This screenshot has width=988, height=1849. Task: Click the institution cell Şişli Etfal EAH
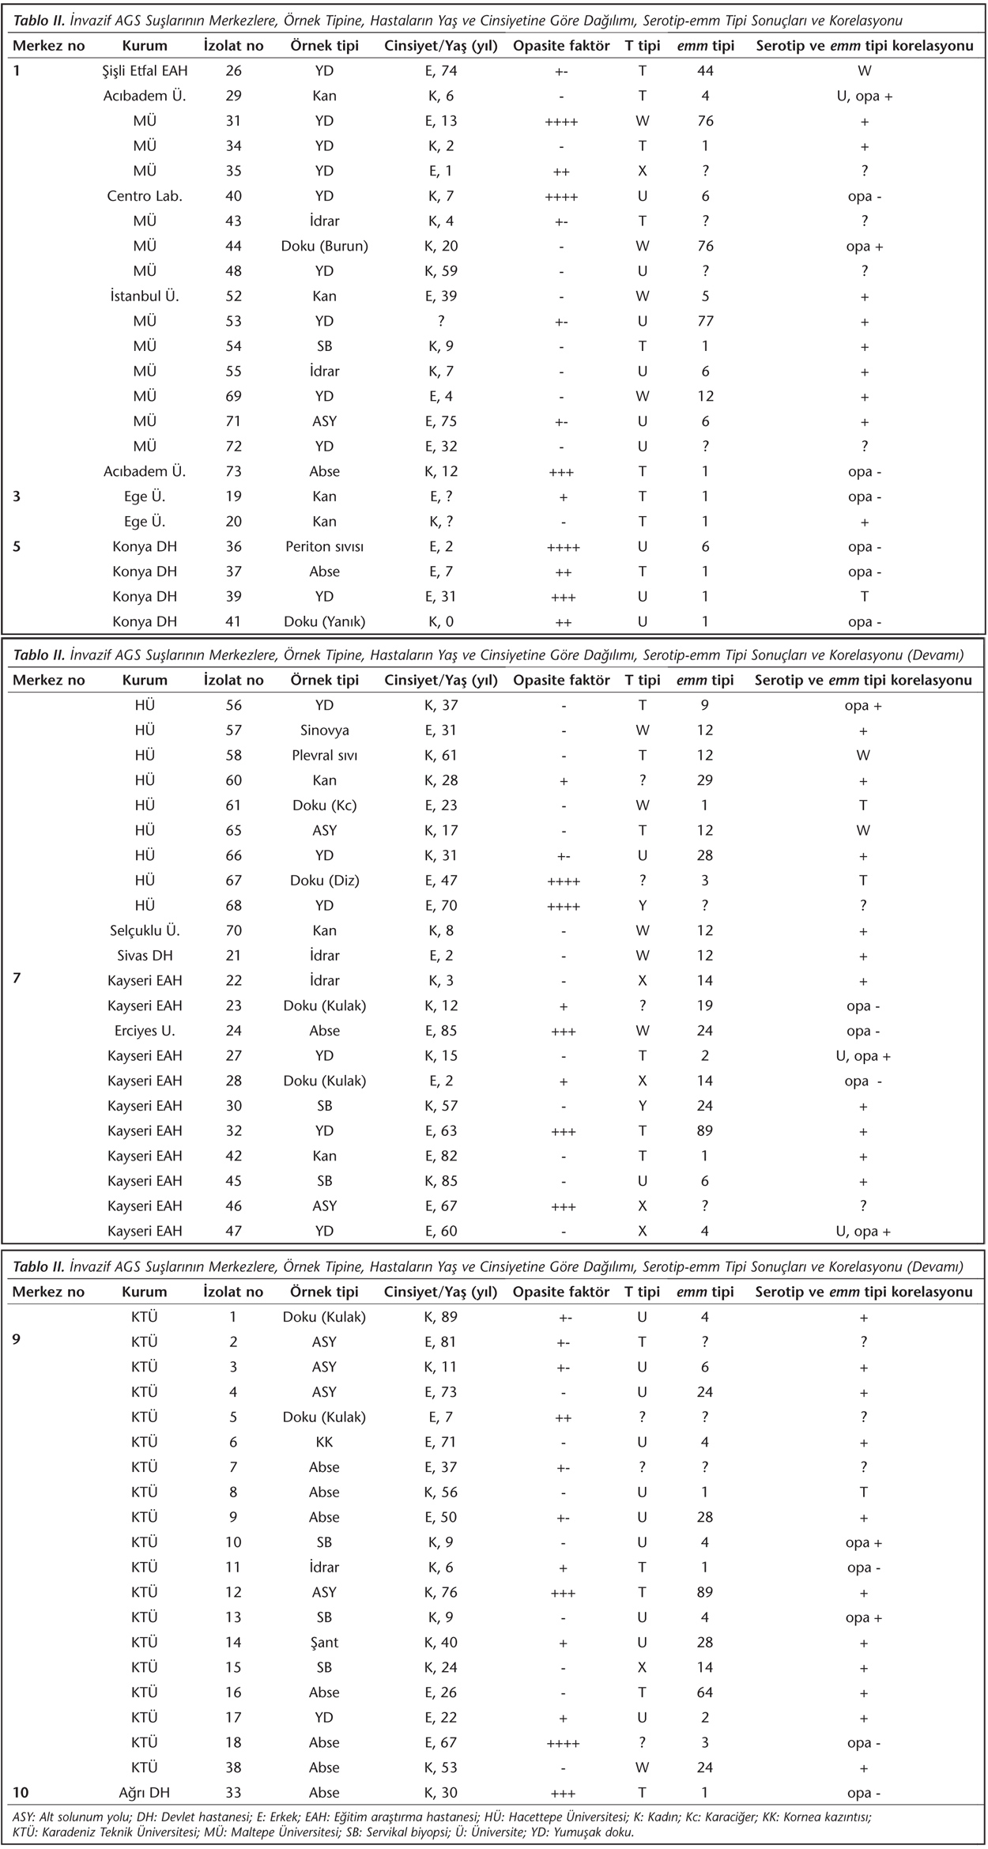[x=145, y=71]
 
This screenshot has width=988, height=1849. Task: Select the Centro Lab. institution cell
[x=145, y=196]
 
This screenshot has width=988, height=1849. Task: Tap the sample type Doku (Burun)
[x=324, y=246]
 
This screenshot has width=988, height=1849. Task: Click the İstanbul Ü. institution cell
[x=145, y=296]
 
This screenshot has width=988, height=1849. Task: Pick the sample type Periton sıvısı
[x=324, y=546]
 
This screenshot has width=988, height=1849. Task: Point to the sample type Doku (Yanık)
[x=324, y=621]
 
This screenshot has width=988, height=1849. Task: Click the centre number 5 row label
[x=17, y=546]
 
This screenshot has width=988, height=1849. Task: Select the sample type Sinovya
[x=324, y=730]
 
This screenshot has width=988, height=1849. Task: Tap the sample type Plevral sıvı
[x=324, y=755]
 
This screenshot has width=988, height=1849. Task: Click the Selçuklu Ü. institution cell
[x=145, y=930]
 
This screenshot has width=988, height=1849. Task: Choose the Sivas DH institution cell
[x=145, y=956]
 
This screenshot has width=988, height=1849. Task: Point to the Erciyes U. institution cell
[x=145, y=1031]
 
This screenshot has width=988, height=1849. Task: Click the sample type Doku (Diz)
[x=324, y=881]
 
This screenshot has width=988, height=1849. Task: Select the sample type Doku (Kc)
[x=324, y=806]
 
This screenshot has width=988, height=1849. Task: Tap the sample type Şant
[x=324, y=1642]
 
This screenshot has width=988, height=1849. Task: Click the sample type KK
[x=324, y=1442]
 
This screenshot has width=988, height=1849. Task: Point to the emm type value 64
[x=705, y=1692]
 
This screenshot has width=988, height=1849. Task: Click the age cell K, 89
[x=441, y=1317]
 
